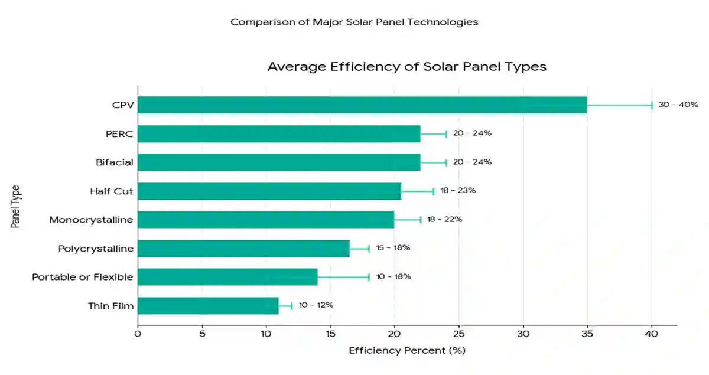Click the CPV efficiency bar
pos(362,105)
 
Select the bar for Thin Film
pos(208,305)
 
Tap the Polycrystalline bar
pos(243,248)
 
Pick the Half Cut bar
pos(269,191)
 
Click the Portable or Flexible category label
pos(82,277)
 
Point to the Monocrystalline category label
pos(91,220)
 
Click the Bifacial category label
pos(115,162)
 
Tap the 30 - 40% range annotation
pos(678,105)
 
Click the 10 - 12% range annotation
pos(316,305)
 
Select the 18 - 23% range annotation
pos(458,191)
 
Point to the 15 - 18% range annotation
pos(393,248)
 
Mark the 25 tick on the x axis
pos(459,334)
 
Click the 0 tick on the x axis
pos(138,334)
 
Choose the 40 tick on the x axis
pos(652,334)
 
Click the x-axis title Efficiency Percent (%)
pos(407,351)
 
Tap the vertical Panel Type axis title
pos(16,206)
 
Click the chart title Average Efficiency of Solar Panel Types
pos(406,66)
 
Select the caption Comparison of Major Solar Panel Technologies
pos(354,22)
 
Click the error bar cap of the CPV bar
pos(652,105)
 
